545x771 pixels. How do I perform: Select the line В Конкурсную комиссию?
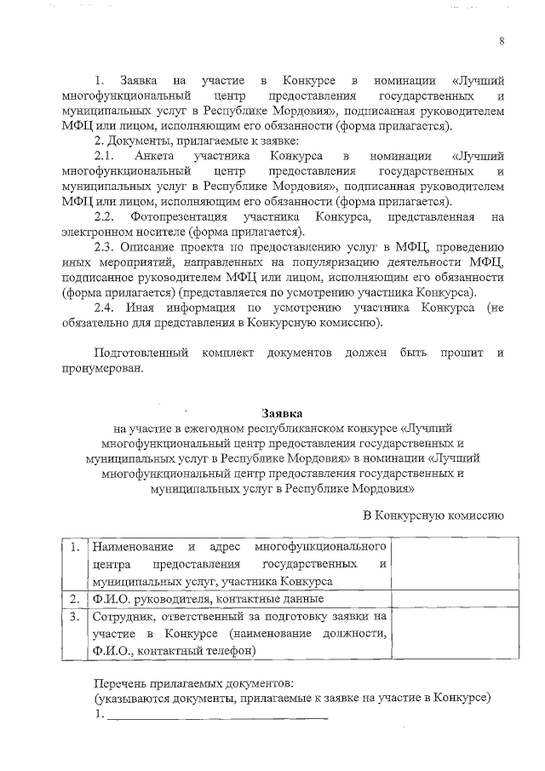click(x=434, y=515)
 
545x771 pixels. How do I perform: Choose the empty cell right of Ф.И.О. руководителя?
click(x=452, y=599)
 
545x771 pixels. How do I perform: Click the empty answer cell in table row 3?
click(x=452, y=634)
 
